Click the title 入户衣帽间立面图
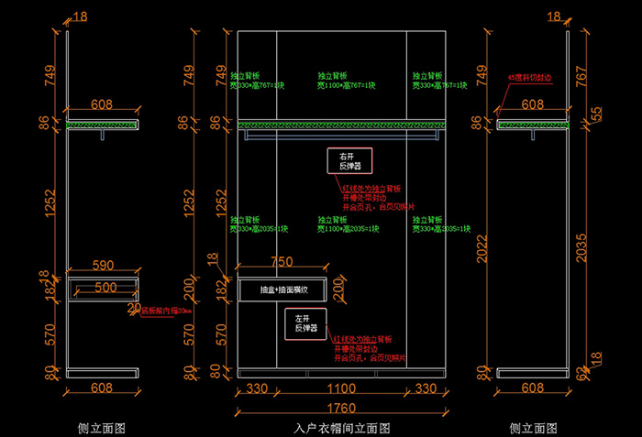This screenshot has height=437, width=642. (x=343, y=428)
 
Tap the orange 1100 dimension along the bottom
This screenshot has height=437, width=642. (x=343, y=389)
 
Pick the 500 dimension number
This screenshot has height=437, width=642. (x=105, y=289)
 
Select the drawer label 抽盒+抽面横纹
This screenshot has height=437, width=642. (x=283, y=290)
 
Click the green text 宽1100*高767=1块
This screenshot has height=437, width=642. (x=342, y=84)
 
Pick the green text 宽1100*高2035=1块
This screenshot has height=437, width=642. (x=342, y=228)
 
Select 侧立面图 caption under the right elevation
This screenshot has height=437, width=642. (x=533, y=428)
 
